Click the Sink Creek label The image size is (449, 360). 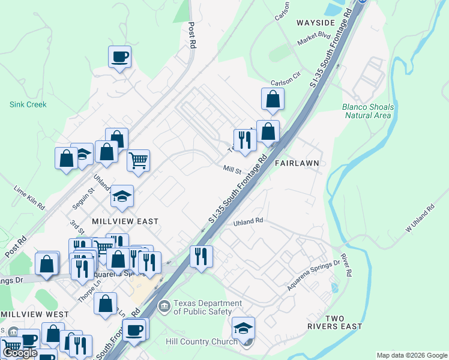(28, 104)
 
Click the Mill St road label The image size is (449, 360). (232, 170)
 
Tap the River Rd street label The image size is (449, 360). (346, 265)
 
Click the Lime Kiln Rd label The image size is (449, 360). (29, 197)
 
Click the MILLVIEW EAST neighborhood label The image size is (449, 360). (125, 221)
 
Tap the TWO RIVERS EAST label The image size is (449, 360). (343, 322)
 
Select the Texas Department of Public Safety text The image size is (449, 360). (208, 308)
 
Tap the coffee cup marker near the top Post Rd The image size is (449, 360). (119, 57)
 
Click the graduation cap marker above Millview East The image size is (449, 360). (122, 196)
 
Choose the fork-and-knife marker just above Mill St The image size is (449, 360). (244, 139)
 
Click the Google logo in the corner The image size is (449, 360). (20, 353)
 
